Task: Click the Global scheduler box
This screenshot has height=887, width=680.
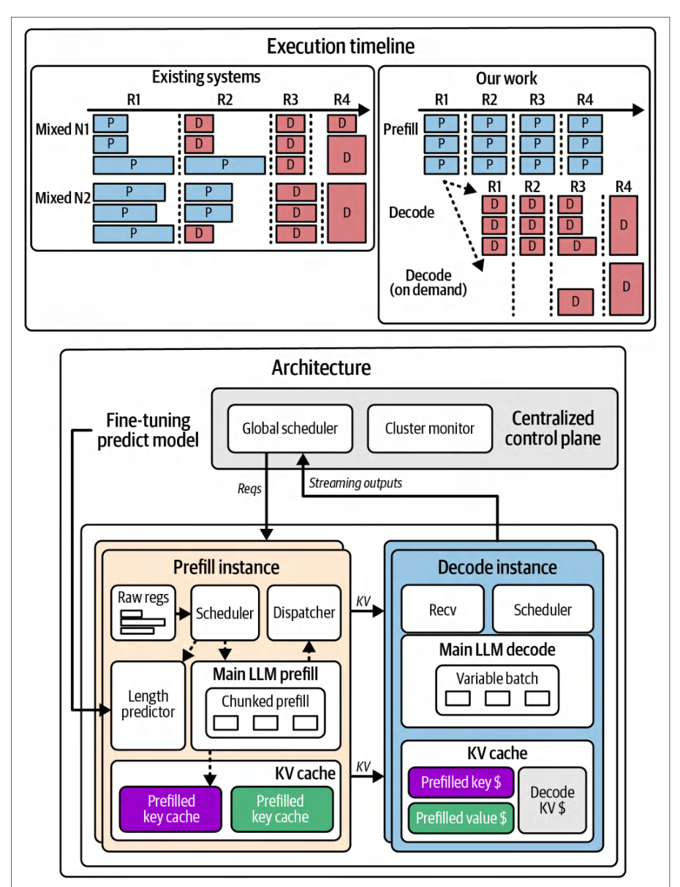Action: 290,428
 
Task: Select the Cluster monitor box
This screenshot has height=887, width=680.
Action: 430,428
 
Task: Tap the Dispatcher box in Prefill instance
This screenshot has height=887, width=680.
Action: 304,612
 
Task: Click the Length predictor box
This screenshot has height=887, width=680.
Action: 148,705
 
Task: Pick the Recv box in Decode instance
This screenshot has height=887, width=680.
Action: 442,609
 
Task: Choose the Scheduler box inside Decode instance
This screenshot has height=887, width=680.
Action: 543,609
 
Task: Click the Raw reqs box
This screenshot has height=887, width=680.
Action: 143,613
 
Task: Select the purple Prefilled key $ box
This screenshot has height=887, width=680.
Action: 461,782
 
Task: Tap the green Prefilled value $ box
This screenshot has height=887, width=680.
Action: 461,818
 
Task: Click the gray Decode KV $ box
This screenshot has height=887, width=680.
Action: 552,800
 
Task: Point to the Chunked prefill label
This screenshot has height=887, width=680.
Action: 265,701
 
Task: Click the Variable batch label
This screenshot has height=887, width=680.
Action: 497,679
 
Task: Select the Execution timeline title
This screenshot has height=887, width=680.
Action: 341,46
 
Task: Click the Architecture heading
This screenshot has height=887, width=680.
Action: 321,368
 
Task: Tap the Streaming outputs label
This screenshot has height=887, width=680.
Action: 355,483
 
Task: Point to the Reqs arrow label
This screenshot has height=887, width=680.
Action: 249,489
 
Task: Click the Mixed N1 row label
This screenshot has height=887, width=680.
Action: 62,129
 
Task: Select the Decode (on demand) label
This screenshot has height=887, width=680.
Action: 428,283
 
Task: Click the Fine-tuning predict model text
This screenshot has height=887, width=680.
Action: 148,430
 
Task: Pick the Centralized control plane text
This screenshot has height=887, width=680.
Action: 553,428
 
